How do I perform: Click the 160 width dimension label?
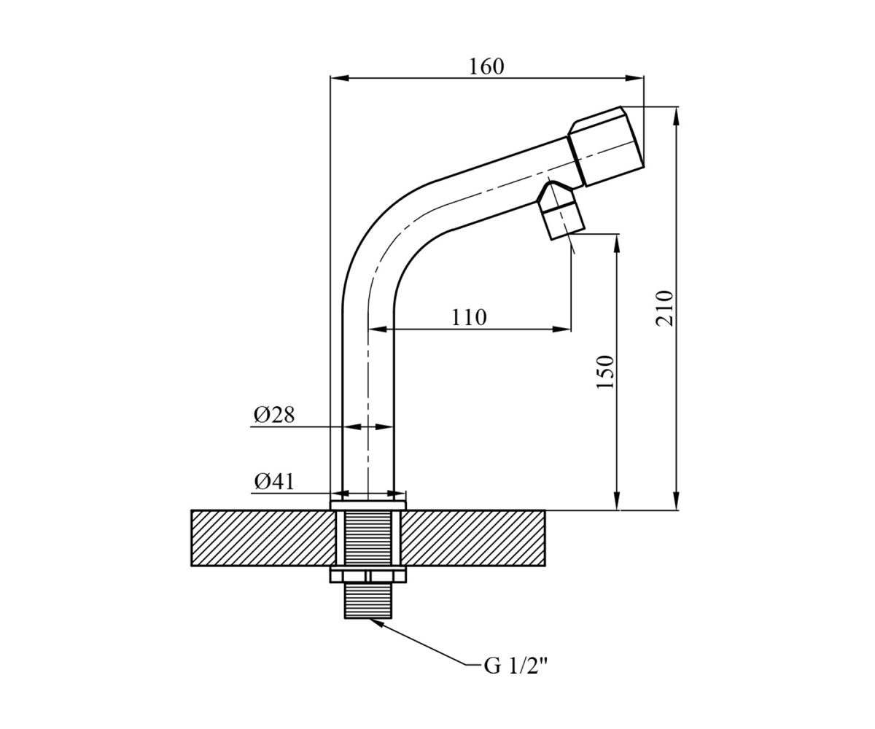(486, 66)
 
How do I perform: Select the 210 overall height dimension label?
(664, 308)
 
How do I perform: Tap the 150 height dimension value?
(604, 372)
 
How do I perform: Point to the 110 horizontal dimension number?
(469, 318)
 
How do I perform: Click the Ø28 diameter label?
(274, 415)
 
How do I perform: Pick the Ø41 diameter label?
(274, 481)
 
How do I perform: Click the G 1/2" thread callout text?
(516, 677)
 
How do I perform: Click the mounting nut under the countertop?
(368, 575)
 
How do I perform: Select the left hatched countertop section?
(263, 538)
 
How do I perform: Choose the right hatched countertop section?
(472, 538)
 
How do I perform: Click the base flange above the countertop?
(368, 505)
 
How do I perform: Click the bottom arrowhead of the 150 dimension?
(616, 501)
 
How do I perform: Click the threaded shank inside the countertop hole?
(368, 538)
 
